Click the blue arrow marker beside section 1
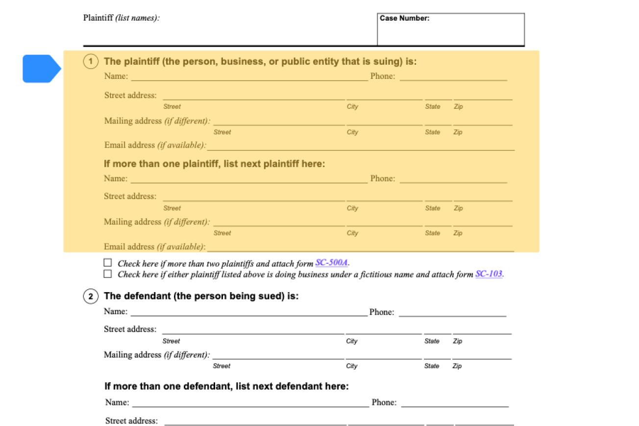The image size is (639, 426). [41, 69]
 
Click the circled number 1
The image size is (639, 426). [91, 62]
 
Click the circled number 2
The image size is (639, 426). [90, 297]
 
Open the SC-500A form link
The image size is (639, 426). [332, 263]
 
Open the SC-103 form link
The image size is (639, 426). [489, 274]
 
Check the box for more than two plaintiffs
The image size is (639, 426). [108, 263]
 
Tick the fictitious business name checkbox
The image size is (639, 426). [108, 274]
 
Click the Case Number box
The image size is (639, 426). [450, 29]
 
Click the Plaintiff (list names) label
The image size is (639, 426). [122, 18]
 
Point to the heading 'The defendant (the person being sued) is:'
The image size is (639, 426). [201, 297]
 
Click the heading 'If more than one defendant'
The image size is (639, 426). [226, 386]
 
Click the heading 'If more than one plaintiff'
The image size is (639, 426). [214, 164]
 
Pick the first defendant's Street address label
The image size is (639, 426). [130, 329]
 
